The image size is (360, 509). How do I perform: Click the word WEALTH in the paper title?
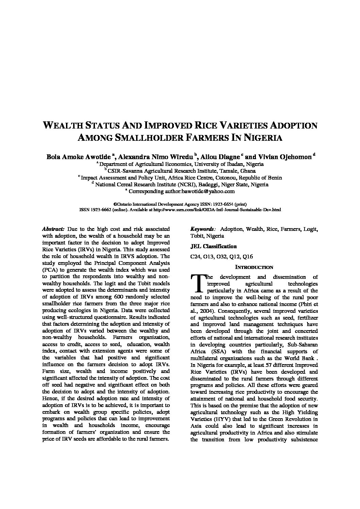coord(63,125)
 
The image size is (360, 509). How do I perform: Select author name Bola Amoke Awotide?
coord(78,157)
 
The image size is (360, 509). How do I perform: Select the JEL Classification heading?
coord(213,246)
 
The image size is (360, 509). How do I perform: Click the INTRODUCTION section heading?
coord(254,267)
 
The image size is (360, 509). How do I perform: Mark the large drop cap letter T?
coord(197,283)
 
